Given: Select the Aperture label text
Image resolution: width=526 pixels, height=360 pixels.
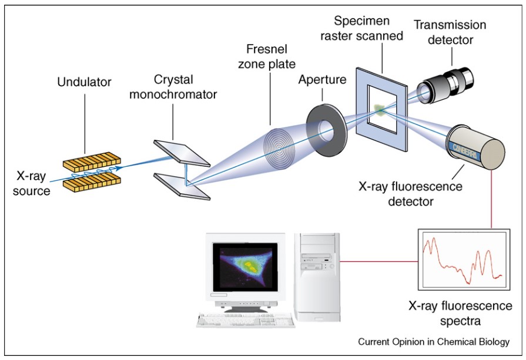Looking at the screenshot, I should coord(322,79).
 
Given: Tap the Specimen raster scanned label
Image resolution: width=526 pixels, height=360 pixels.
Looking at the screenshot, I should coord(368,28).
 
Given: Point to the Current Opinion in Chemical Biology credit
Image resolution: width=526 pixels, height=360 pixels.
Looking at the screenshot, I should coord(434,341).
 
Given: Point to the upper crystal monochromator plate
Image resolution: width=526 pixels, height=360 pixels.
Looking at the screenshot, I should coord(181,152).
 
